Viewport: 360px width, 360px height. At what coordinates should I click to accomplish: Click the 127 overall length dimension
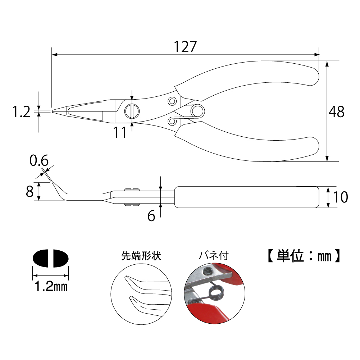(185, 47)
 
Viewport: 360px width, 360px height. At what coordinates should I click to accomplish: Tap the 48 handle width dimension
(337, 112)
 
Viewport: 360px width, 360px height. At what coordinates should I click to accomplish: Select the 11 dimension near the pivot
(120, 133)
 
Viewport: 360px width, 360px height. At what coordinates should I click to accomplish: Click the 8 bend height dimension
(30, 191)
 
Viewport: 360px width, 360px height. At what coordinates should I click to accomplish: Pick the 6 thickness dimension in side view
(151, 217)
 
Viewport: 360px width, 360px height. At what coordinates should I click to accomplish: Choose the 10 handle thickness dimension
(340, 197)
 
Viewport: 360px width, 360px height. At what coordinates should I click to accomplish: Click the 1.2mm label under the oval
(51, 287)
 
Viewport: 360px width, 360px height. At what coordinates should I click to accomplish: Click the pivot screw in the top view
(132, 111)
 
